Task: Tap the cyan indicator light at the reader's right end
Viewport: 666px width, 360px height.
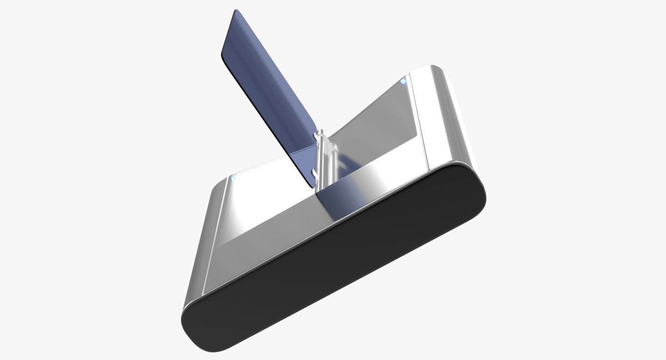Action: [404, 81]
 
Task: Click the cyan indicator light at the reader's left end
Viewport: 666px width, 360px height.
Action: [233, 179]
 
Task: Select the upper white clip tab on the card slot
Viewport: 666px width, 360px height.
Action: [320, 134]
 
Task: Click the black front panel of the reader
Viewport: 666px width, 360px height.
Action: [333, 265]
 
